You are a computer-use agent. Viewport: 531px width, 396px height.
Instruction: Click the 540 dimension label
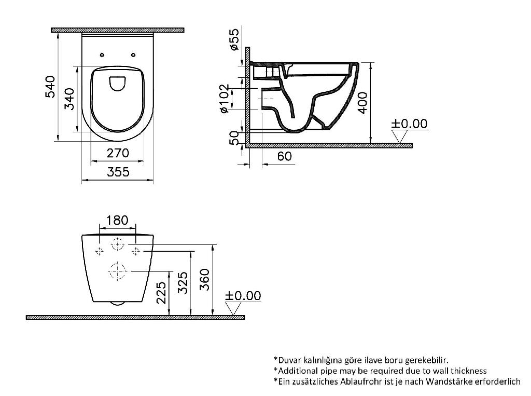pyautogui.click(x=50, y=87)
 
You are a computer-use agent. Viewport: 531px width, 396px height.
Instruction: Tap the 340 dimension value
pyautogui.click(x=69, y=99)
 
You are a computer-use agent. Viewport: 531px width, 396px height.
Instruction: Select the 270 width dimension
pyautogui.click(x=118, y=153)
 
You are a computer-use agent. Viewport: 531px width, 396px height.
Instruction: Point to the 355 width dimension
pyautogui.click(x=118, y=172)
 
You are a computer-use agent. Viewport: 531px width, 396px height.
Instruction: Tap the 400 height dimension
pyautogui.click(x=362, y=103)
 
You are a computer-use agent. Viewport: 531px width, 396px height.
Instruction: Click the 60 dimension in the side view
pyautogui.click(x=284, y=156)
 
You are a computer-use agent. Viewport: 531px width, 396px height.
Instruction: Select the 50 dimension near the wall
pyautogui.click(x=234, y=138)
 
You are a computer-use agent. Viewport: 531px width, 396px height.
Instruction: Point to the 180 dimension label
pyautogui.click(x=118, y=221)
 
